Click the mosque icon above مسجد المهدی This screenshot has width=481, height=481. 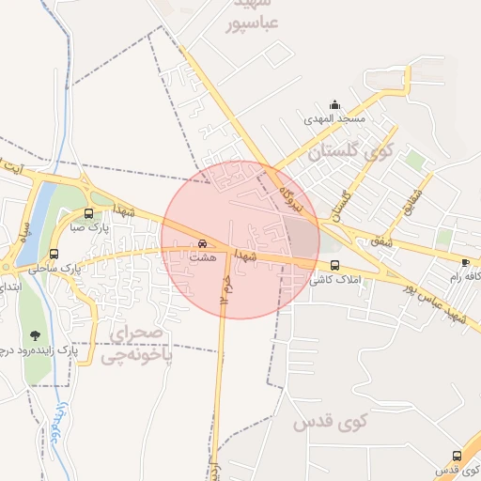point(335,105)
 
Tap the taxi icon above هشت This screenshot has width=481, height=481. point(203,240)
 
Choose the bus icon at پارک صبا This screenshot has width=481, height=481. point(88,212)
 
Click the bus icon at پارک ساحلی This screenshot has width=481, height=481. point(54,253)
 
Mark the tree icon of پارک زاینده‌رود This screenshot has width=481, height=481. point(35,335)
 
